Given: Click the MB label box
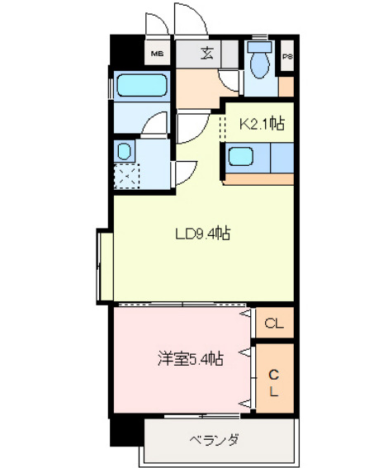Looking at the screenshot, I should pos(157,56).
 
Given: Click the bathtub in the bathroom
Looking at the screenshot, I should pos(142,85).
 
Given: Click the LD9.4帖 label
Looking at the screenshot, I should pos(201,233).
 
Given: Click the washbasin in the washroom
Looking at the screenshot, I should pos(125,151).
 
